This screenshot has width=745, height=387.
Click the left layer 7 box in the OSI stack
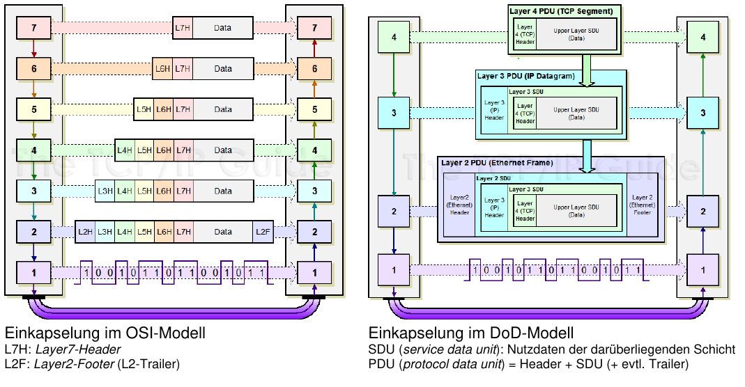click(33, 29)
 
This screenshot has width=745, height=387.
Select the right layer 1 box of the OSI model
click(314, 272)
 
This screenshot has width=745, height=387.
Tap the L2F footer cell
click(263, 231)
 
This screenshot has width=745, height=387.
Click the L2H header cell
click(85, 231)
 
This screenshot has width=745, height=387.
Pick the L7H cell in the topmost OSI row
click(183, 29)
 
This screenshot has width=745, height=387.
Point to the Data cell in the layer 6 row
click(223, 69)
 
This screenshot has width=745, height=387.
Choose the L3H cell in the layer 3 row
click(105, 191)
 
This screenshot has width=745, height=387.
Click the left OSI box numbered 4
click(33, 150)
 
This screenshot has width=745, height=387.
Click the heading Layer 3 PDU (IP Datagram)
click(525, 76)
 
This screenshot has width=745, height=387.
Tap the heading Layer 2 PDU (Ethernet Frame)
click(497, 163)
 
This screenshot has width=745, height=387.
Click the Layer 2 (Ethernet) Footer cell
click(641, 205)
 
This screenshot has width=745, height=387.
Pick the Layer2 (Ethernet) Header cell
click(459, 205)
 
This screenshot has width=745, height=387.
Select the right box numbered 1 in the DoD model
click(703, 269)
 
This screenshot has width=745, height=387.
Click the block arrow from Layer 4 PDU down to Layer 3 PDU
click(587, 70)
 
